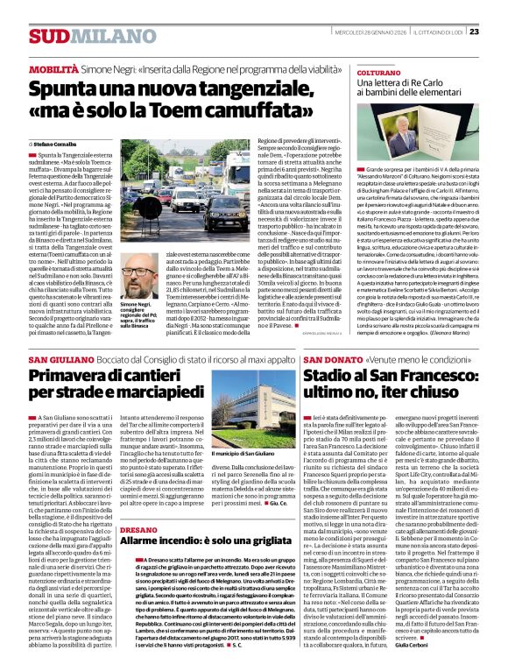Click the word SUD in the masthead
[x=47, y=36]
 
